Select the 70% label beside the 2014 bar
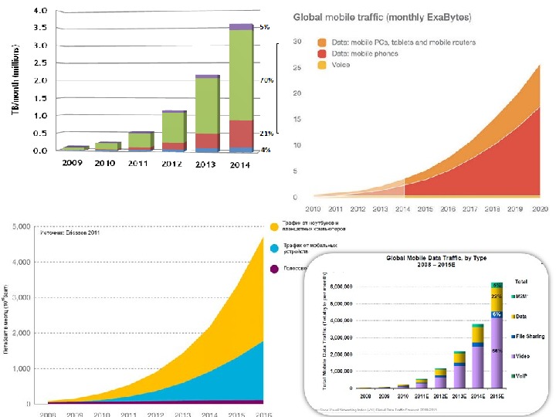click(x=265, y=80)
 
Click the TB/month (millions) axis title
click(x=13, y=80)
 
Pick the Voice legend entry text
click(x=341, y=65)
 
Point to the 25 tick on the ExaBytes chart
click(x=295, y=68)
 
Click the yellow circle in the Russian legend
click(x=274, y=226)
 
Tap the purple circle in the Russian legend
click(x=274, y=269)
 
